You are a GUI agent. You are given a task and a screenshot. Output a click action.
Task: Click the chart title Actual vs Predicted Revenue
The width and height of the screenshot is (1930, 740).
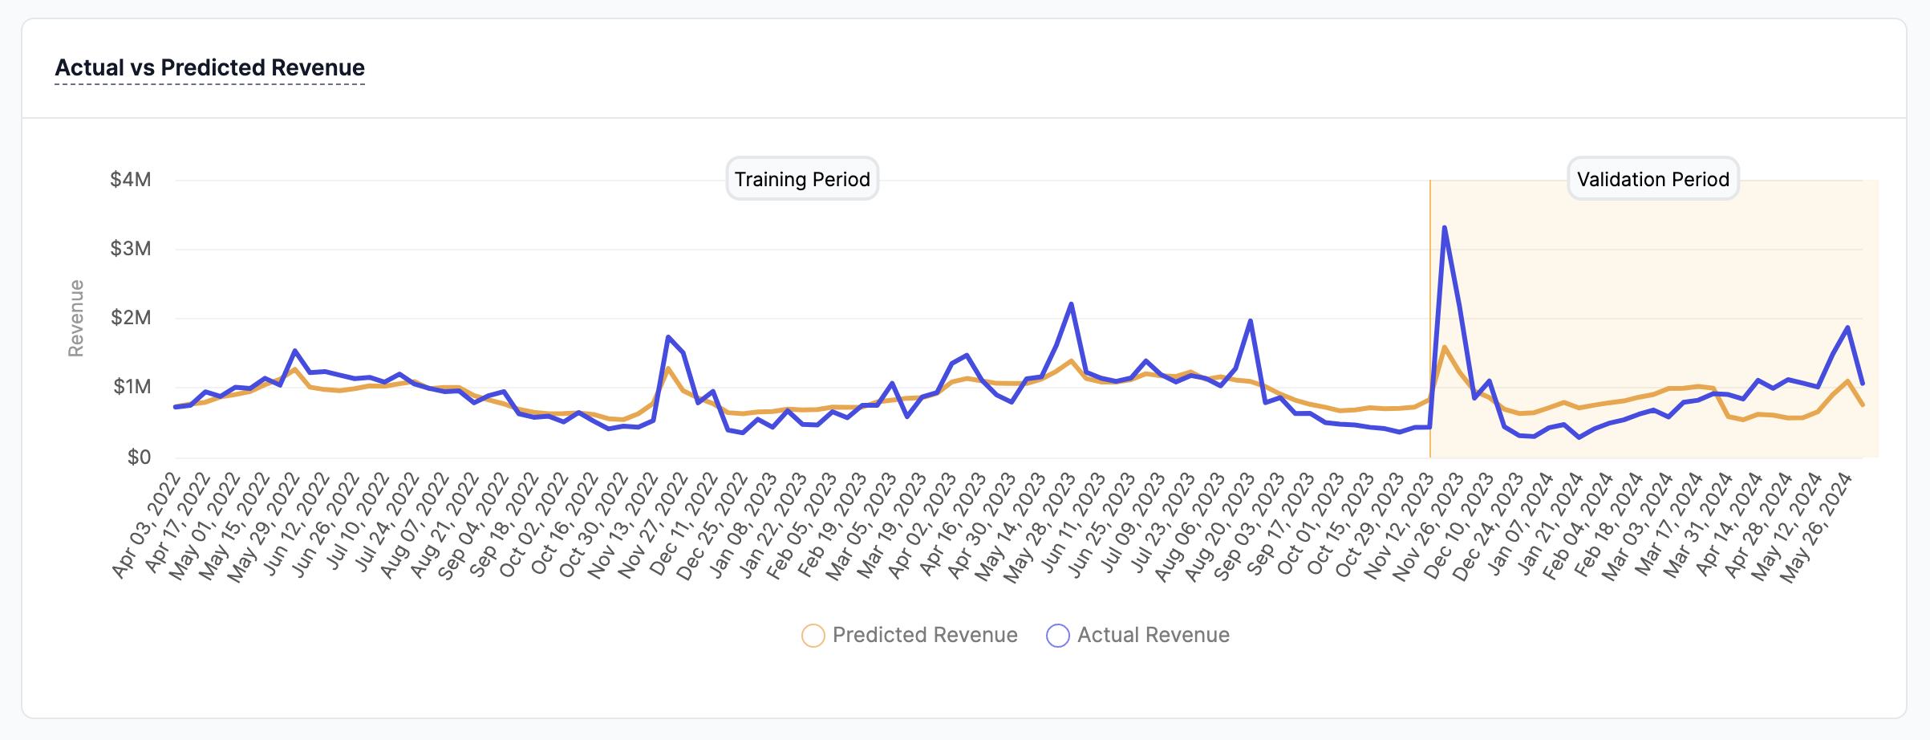209,67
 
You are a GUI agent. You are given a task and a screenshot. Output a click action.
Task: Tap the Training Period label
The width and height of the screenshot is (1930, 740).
802,179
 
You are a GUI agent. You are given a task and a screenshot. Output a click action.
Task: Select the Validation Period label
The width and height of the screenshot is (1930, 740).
1652,179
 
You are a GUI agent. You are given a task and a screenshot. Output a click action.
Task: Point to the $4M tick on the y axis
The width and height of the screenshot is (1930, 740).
131,179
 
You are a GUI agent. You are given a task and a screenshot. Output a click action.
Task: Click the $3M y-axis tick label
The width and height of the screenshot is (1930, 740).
131,249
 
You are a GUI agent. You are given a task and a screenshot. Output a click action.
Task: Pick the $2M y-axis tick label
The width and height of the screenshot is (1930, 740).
131,318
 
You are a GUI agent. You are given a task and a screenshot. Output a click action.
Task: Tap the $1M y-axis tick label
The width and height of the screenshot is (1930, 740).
131,387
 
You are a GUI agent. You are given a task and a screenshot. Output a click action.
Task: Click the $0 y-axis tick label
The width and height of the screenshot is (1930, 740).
139,457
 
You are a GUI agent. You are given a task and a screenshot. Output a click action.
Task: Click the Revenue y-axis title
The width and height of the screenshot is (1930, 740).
76,318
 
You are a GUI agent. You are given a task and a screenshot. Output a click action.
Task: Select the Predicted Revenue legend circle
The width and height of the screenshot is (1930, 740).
813,636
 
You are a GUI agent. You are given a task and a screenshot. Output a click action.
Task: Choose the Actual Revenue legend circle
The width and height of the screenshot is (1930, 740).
1057,636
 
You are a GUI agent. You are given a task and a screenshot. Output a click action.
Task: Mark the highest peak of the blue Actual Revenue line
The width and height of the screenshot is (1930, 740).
1445,228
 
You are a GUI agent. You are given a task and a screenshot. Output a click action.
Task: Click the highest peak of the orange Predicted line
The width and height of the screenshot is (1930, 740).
1445,347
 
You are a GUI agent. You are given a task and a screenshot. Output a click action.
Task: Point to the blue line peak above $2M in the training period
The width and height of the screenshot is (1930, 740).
1071,304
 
